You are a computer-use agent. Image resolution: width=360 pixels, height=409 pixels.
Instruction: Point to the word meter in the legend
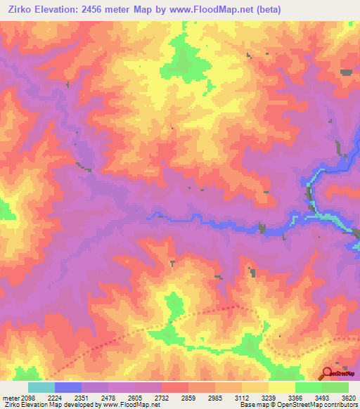tap(11, 397)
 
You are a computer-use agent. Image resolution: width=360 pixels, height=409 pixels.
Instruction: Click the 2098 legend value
tap(31, 397)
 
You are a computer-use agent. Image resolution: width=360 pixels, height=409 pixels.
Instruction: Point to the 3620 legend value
tap(349, 397)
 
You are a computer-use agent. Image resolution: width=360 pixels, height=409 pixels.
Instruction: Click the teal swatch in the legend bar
tap(41, 387)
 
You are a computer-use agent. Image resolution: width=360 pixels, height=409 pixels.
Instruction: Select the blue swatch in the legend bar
tap(68, 387)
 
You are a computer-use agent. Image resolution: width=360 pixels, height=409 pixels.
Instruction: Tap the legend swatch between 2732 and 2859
tap(175, 387)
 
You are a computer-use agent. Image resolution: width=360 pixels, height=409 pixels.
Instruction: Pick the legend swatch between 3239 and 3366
tap(282, 387)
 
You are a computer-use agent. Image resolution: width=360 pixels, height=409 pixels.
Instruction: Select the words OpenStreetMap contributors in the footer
tap(317, 405)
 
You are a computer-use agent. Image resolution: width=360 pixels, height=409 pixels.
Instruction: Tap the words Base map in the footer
tap(251, 405)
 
